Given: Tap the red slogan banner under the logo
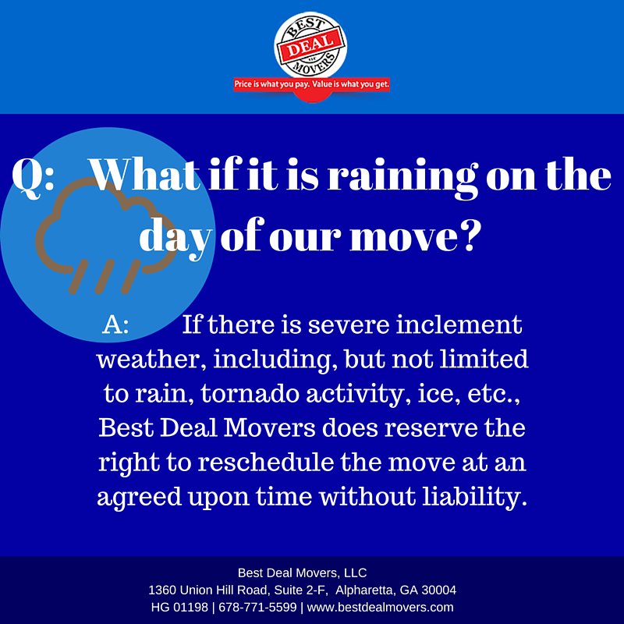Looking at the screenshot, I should pyautogui.click(x=312, y=83).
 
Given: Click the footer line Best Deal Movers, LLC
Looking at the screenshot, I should pyautogui.click(x=302, y=573).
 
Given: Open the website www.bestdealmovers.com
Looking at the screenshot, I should pyautogui.click(x=381, y=607).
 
